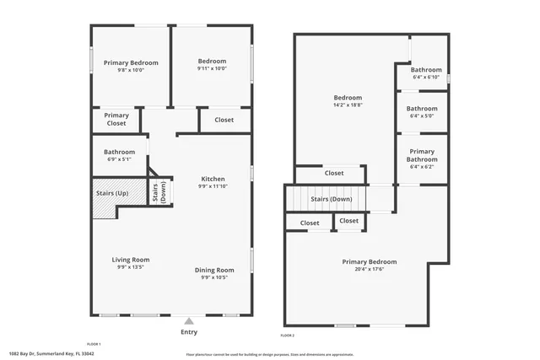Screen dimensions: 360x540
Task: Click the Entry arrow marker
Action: click(189, 320)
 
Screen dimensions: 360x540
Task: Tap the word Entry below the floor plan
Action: click(189, 331)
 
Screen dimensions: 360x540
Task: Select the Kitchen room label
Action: click(213, 182)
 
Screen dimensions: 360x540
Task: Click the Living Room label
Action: click(131, 263)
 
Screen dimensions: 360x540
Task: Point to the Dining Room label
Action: click(214, 273)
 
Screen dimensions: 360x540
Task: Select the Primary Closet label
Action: click(116, 120)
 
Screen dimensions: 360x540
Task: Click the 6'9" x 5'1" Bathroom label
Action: click(119, 155)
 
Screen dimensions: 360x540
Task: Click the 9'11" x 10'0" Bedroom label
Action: click(212, 65)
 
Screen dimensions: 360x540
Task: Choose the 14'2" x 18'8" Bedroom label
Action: click(348, 101)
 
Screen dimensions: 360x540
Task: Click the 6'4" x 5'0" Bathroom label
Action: click(422, 112)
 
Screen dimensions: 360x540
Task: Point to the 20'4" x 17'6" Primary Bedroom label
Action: click(369, 266)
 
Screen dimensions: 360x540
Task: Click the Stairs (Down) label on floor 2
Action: click(331, 199)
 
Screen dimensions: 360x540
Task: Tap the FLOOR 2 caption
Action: click(288, 336)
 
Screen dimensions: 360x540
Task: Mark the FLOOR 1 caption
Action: click(94, 344)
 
